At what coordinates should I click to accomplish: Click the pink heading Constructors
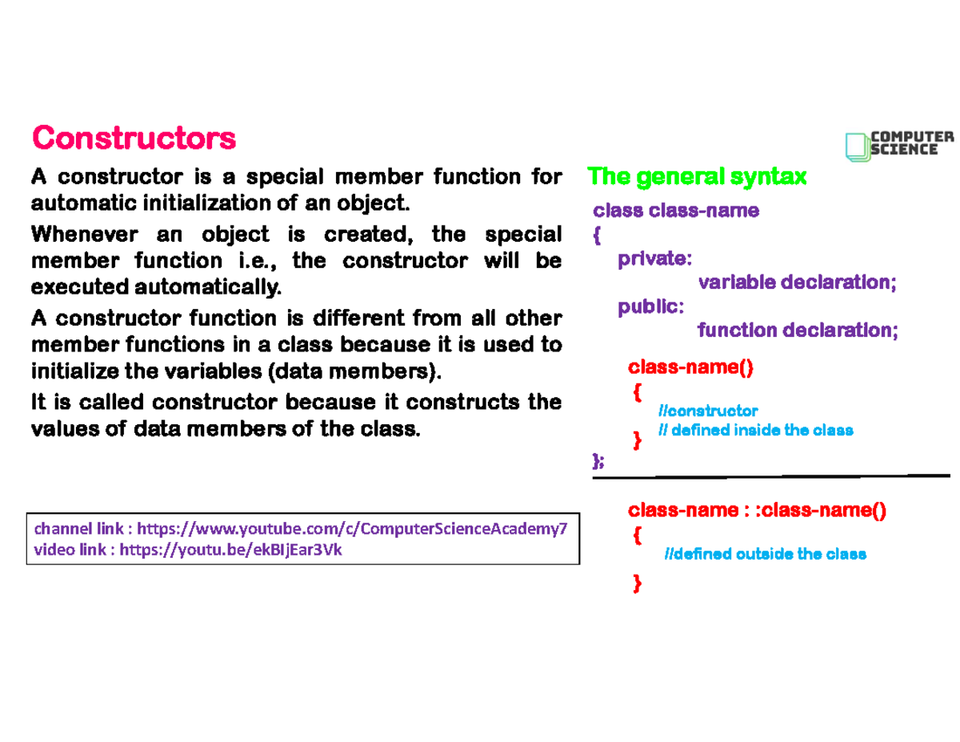click(x=134, y=138)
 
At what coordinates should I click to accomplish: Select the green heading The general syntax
click(x=697, y=175)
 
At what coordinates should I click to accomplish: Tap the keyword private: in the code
click(x=654, y=259)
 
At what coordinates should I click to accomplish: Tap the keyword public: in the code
click(x=650, y=307)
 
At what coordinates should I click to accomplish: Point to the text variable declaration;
click(x=797, y=283)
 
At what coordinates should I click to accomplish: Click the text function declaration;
click(x=798, y=331)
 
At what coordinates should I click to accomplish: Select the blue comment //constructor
click(x=707, y=411)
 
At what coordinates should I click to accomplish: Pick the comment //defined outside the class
click(x=765, y=554)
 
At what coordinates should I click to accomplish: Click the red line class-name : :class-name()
click(x=758, y=511)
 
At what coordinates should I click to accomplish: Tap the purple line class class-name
click(x=675, y=211)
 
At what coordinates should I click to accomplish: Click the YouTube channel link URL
click(x=352, y=529)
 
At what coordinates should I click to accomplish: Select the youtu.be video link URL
click(x=230, y=551)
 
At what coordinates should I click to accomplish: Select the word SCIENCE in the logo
click(x=904, y=150)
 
